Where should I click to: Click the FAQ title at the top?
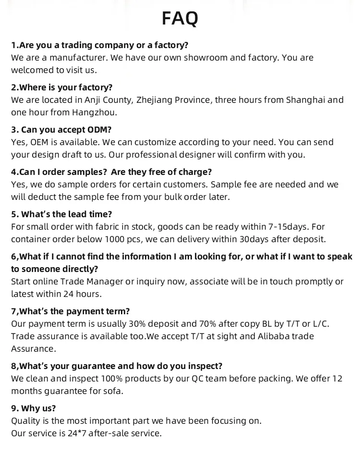[180, 19]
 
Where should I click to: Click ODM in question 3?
[100, 130]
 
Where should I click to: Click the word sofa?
[113, 391]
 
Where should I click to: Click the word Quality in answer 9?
[25, 421]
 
